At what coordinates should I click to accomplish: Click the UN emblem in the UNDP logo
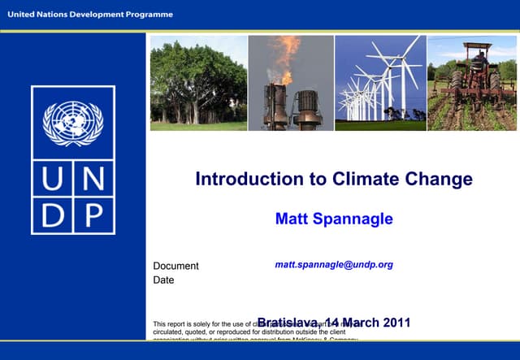click(x=72, y=125)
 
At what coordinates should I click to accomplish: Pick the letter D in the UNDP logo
click(x=51, y=216)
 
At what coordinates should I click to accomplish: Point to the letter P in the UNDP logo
click(x=93, y=216)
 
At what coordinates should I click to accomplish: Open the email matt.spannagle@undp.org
click(x=334, y=265)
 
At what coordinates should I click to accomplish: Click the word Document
click(x=175, y=266)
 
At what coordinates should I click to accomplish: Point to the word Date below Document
click(x=163, y=280)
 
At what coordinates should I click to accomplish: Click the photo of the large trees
click(x=198, y=82)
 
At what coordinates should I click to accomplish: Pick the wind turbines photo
click(x=380, y=82)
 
